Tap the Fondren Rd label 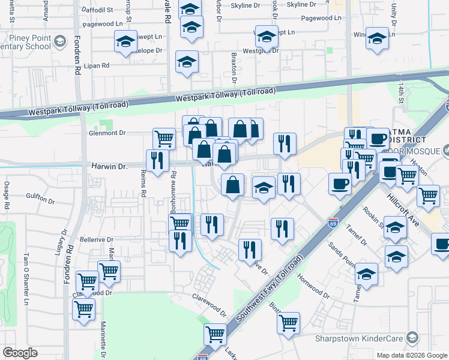tap(77, 61)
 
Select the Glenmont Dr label tap(107, 133)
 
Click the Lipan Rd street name tap(96, 65)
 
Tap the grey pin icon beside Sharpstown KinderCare tap(412, 337)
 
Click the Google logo tap(20, 352)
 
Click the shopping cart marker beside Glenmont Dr tap(164, 138)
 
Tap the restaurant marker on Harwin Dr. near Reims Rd tap(157, 160)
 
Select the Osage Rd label tap(7, 195)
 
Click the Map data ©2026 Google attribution tap(411, 355)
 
